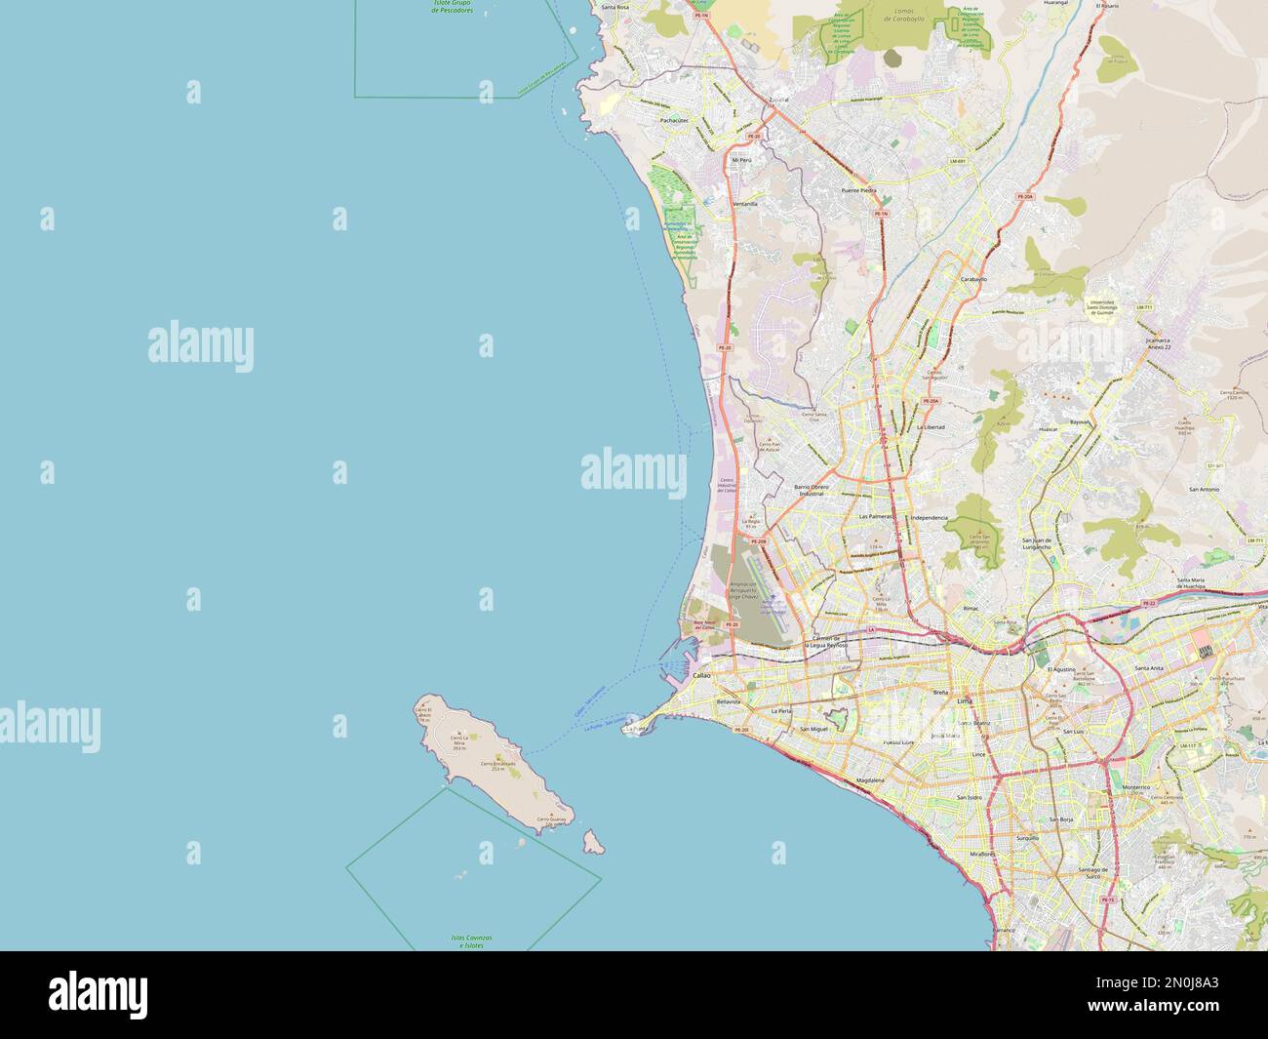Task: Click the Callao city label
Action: [x=701, y=675]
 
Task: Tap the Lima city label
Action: [x=966, y=701]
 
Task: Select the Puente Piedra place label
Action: [x=860, y=190]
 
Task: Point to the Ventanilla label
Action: [x=744, y=204]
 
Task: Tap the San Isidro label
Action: [x=969, y=798]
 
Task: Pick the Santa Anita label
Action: [x=1148, y=668]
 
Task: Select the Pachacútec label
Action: [x=674, y=120]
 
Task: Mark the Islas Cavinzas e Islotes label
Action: [x=472, y=940]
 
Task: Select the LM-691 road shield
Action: [x=957, y=161]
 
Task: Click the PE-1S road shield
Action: [x=1110, y=899]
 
